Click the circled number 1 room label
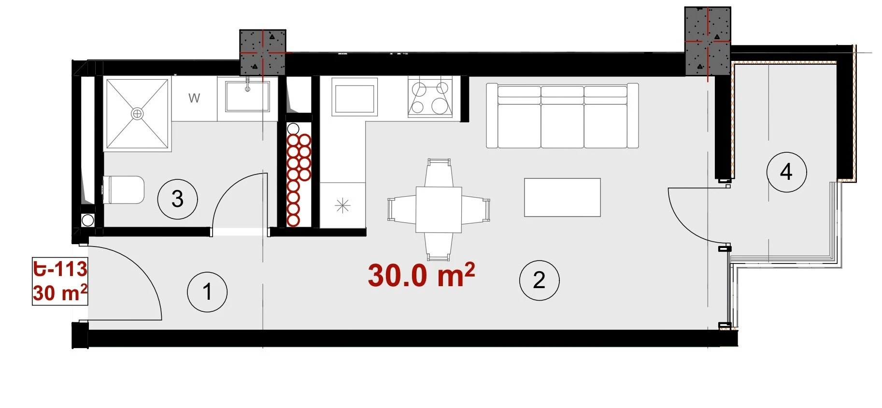(x=207, y=291)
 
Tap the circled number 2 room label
(x=539, y=280)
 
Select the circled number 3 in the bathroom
(x=177, y=199)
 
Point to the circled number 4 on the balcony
(x=786, y=172)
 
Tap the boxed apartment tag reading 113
(x=60, y=281)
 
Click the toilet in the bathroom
(x=124, y=189)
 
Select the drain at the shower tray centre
(x=138, y=114)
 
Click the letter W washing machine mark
(x=194, y=98)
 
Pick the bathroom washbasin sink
(x=247, y=96)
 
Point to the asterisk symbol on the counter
(x=342, y=206)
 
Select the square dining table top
(x=439, y=210)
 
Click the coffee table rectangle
(x=562, y=197)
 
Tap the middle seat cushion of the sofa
(x=562, y=125)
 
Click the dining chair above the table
(x=439, y=173)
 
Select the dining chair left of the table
(x=402, y=209)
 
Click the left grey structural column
(x=263, y=52)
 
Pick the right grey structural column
(x=708, y=41)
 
